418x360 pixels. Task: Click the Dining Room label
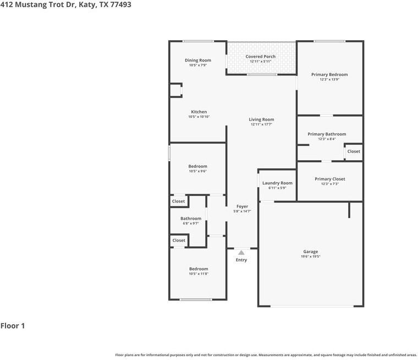pos(198,61)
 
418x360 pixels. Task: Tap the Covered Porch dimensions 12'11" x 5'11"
pos(261,62)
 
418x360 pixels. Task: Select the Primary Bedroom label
pos(329,74)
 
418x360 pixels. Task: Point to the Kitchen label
pos(199,112)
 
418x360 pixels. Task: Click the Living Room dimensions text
pos(261,124)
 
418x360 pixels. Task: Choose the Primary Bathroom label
pos(327,134)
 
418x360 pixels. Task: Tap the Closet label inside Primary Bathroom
pos(354,151)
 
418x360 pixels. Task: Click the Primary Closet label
pos(330,179)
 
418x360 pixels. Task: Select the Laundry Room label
pos(277,183)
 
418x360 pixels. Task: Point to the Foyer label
pos(243,206)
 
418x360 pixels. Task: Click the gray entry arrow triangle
pos(241,253)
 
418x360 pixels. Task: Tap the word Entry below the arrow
pos(241,260)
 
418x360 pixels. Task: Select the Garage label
pos(311,252)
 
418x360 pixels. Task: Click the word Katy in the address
pos(87,5)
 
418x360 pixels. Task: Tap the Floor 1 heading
pos(13,325)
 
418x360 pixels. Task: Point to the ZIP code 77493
pos(120,4)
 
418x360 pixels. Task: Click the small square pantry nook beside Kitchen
pos(176,90)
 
